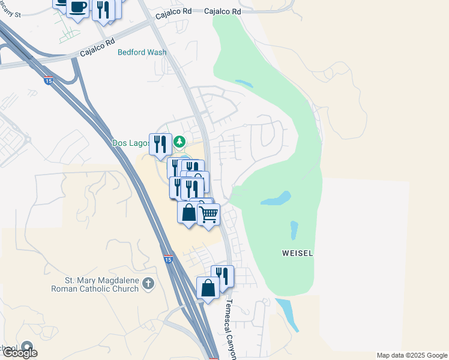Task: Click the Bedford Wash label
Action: [142, 52]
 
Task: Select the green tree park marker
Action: [179, 142]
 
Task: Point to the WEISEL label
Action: [297, 253]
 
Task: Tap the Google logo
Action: [20, 353]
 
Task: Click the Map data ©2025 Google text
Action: [412, 355]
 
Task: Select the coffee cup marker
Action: [77, 8]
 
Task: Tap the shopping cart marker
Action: [209, 214]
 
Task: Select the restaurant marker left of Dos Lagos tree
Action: [160, 144]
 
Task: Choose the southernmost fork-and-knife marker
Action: [223, 276]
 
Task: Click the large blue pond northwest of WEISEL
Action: [276, 198]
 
